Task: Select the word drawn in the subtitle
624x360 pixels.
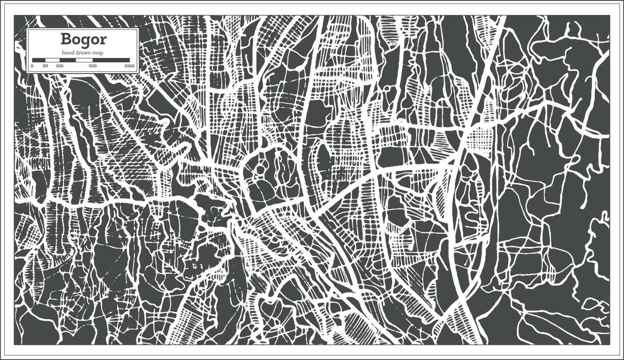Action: coord(83,53)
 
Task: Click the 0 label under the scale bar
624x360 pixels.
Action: coord(32,66)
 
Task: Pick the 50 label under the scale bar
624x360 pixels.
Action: coord(45,66)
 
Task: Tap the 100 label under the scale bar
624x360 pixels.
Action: coord(60,66)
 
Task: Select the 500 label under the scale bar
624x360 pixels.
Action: coord(93,66)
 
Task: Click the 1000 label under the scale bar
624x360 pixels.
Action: coord(129,66)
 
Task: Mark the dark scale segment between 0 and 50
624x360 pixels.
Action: coord(39,60)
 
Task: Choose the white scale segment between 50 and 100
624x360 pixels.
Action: coord(52,60)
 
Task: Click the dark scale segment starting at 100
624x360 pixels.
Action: coord(67,60)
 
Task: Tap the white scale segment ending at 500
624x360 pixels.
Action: coord(84,60)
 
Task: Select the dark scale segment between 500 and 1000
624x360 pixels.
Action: coord(112,60)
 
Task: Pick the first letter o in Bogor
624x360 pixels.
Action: coord(76,40)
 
